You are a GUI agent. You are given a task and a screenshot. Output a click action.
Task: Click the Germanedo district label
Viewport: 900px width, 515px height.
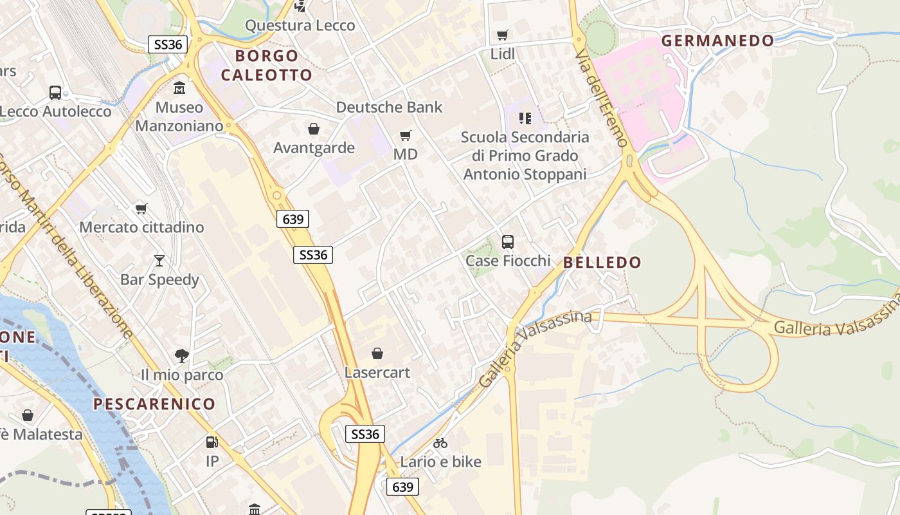point(717,41)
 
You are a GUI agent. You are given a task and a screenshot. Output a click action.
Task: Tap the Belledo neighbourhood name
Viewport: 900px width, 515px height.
point(602,262)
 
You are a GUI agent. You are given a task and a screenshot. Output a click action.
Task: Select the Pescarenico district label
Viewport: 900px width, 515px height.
point(154,404)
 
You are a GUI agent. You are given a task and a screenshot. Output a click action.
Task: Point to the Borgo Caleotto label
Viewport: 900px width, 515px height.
point(266,65)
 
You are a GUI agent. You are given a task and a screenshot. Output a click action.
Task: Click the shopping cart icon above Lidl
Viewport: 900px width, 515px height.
point(502,35)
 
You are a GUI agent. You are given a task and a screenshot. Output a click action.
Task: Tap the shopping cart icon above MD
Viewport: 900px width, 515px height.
point(405,135)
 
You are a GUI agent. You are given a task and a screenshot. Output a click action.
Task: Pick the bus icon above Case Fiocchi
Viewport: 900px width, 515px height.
point(508,242)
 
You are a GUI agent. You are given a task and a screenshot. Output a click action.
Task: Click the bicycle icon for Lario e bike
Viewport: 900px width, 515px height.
point(440,443)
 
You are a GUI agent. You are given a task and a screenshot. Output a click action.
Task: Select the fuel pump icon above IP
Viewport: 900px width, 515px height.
point(212,442)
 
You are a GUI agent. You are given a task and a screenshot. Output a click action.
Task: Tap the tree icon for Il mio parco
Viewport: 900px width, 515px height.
point(182,355)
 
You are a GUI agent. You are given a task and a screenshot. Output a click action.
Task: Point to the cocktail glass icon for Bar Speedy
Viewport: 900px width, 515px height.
point(159,260)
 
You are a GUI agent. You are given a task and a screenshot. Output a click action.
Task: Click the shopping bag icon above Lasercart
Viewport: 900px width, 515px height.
point(377,353)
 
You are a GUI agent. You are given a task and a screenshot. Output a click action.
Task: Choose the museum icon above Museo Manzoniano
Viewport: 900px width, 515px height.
point(179,88)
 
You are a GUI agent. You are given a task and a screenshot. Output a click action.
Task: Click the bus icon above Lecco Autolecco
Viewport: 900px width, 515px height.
point(55,92)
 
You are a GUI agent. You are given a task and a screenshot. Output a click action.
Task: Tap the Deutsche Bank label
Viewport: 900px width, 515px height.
point(389,107)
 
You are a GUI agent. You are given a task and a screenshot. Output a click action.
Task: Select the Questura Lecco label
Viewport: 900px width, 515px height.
point(300,26)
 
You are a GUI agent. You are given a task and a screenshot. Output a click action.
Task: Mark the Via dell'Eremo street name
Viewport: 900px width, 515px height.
point(600,97)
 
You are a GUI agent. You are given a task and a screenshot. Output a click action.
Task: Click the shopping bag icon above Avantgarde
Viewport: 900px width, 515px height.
point(314,129)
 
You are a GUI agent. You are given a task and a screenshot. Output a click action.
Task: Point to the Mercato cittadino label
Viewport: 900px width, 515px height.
point(141,227)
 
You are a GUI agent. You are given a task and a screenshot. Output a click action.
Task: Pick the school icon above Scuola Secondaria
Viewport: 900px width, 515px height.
point(525,118)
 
